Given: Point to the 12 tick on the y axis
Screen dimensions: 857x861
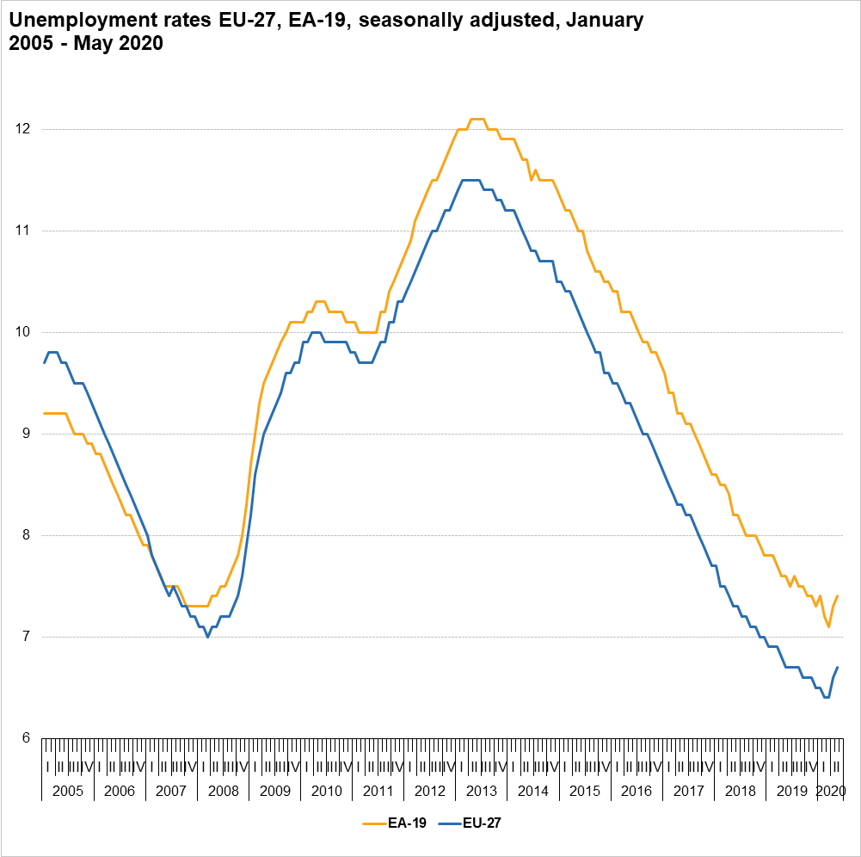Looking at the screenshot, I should coord(25,129).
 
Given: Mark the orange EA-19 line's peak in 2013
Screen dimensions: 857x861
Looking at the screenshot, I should coord(477,119).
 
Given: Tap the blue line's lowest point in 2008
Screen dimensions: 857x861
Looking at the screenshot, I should coord(207,637).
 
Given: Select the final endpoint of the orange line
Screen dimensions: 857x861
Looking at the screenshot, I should coord(838,596).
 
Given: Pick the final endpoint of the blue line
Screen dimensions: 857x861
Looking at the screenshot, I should coord(838,667).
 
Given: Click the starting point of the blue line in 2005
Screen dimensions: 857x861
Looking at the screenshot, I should coord(44,362).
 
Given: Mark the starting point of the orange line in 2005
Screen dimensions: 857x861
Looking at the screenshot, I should coord(44,413).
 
